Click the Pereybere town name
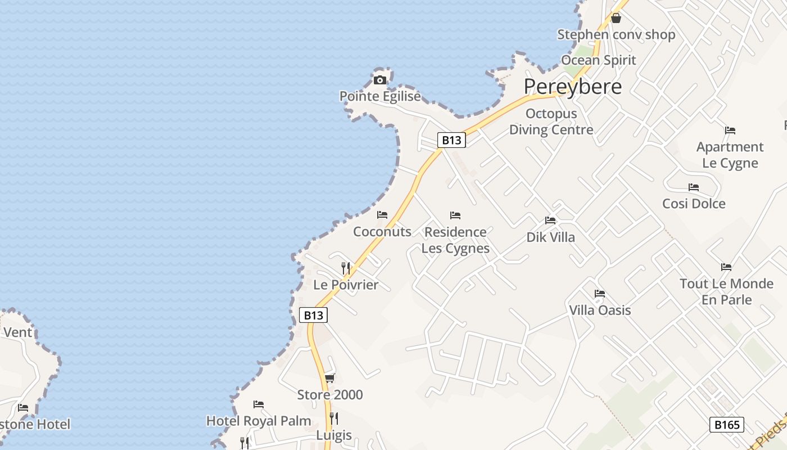(573, 87)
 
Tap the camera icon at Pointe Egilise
(380, 80)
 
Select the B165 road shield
(726, 424)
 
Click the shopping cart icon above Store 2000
(330, 378)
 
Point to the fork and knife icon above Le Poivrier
(346, 268)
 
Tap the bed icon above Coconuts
(382, 214)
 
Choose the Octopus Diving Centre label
(551, 121)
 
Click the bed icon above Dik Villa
(550, 220)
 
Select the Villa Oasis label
(600, 310)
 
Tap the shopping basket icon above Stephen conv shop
(616, 18)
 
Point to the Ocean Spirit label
(598, 60)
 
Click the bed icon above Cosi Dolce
(694, 187)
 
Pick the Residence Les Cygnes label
(455, 240)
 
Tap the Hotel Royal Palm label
(259, 421)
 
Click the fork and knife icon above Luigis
(334, 418)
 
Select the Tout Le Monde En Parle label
(726, 291)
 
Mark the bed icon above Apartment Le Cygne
(730, 130)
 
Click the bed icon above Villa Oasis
(600, 294)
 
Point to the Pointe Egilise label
(380, 96)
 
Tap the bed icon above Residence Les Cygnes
(455, 215)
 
